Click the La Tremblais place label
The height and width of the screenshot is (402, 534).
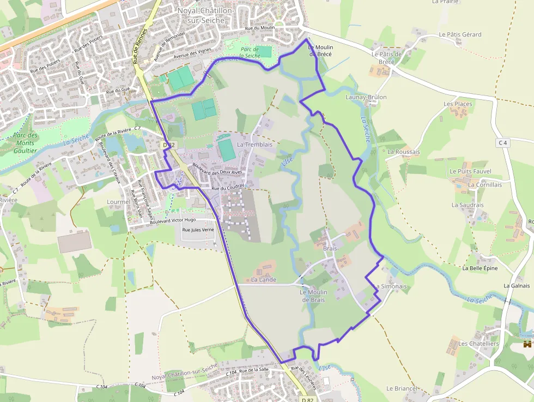pyautogui.click(x=254, y=145)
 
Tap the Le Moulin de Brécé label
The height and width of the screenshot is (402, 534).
pyautogui.click(x=321, y=51)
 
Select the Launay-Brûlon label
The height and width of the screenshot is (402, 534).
pyautogui.click(x=366, y=97)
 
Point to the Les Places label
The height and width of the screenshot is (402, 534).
pyautogui.click(x=458, y=104)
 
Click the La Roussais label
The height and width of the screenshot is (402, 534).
pyautogui.click(x=404, y=152)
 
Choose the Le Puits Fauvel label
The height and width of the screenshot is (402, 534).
pyautogui.click(x=470, y=171)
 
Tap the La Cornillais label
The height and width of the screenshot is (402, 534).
pyautogui.click(x=485, y=185)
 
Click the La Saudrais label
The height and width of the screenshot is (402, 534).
pyautogui.click(x=468, y=205)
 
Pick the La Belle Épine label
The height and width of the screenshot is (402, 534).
pyautogui.click(x=480, y=268)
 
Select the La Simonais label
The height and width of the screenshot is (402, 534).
pyautogui.click(x=390, y=286)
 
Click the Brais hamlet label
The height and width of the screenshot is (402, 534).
pyautogui.click(x=330, y=248)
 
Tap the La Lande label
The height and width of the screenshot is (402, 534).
pyautogui.click(x=264, y=280)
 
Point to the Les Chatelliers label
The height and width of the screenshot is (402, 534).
pyautogui.click(x=478, y=344)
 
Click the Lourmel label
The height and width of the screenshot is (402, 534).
pyautogui.click(x=119, y=201)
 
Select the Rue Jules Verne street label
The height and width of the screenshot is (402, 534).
pyautogui.click(x=198, y=230)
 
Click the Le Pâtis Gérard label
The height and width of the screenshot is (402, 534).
pyautogui.click(x=460, y=34)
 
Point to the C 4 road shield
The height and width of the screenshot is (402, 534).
pyautogui.click(x=502, y=143)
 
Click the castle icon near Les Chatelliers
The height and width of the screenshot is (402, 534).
pyautogui.click(x=527, y=344)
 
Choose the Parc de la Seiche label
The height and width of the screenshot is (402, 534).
pyautogui.click(x=250, y=52)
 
